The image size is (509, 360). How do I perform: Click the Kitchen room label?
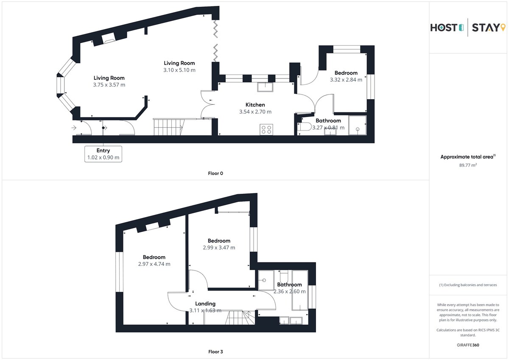pos(255,105)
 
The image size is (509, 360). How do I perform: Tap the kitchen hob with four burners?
pos(266,130)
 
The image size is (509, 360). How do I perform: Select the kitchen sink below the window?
pos(265,87)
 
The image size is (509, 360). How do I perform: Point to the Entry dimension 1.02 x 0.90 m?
pos(103,157)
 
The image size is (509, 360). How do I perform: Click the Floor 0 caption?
pos(215,173)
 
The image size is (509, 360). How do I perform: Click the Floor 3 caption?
pos(215,352)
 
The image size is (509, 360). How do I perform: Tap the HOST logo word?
pos(447,28)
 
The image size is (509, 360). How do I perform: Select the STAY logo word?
pos(489,28)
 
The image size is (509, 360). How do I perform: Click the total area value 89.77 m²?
pos(468,165)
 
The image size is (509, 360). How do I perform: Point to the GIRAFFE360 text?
pos(468,345)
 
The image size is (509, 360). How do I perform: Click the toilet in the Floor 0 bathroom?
pos(305,127)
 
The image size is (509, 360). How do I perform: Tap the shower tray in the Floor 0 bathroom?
pos(358,126)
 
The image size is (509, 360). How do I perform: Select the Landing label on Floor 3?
pos(205,304)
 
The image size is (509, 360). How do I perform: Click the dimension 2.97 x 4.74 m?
pos(154,264)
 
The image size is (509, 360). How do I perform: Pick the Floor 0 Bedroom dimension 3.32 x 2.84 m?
pos(346,80)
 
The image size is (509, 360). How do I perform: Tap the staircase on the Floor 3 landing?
pos(238,318)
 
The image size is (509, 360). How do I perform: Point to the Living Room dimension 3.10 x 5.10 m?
pos(179,70)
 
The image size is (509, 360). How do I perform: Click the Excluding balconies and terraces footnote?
pos(468,285)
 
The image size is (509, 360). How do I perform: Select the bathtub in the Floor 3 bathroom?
pos(300,290)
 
